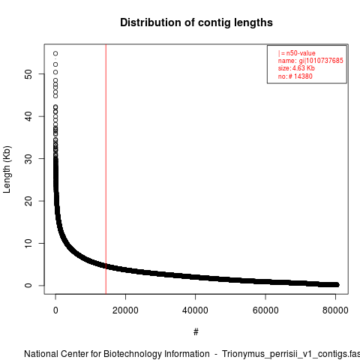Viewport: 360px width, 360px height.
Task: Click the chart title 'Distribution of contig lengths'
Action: [x=196, y=22]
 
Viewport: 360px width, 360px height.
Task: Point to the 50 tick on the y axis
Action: [x=28, y=74]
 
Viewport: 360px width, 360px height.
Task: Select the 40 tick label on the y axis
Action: [x=28, y=116]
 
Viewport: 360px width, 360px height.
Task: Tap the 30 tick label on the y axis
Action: [x=28, y=159]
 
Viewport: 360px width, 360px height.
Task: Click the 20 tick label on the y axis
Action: [x=28, y=201]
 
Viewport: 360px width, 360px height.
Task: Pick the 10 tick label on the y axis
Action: [x=28, y=243]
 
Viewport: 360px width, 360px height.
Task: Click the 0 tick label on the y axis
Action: [x=28, y=286]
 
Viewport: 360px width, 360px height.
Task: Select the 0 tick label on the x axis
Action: [x=55, y=310]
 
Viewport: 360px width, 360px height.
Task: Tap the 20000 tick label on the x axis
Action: [x=125, y=310]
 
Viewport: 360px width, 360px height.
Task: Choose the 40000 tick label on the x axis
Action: [x=195, y=310]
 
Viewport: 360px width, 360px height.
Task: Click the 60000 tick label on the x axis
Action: [x=265, y=310]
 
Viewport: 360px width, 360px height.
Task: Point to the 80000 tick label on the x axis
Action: [x=335, y=310]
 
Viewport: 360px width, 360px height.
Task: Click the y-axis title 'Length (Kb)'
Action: [x=7, y=169]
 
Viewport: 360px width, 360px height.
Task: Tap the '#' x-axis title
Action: [x=196, y=332]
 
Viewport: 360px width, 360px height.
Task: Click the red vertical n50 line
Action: [x=106, y=169]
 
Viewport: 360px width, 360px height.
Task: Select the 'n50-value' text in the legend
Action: [x=301, y=53]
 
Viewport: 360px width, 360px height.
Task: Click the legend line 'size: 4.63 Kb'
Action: [x=296, y=68]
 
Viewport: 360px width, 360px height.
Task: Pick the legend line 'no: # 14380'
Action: [x=295, y=76]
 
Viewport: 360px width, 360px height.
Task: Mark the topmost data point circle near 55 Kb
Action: [x=55, y=53]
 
